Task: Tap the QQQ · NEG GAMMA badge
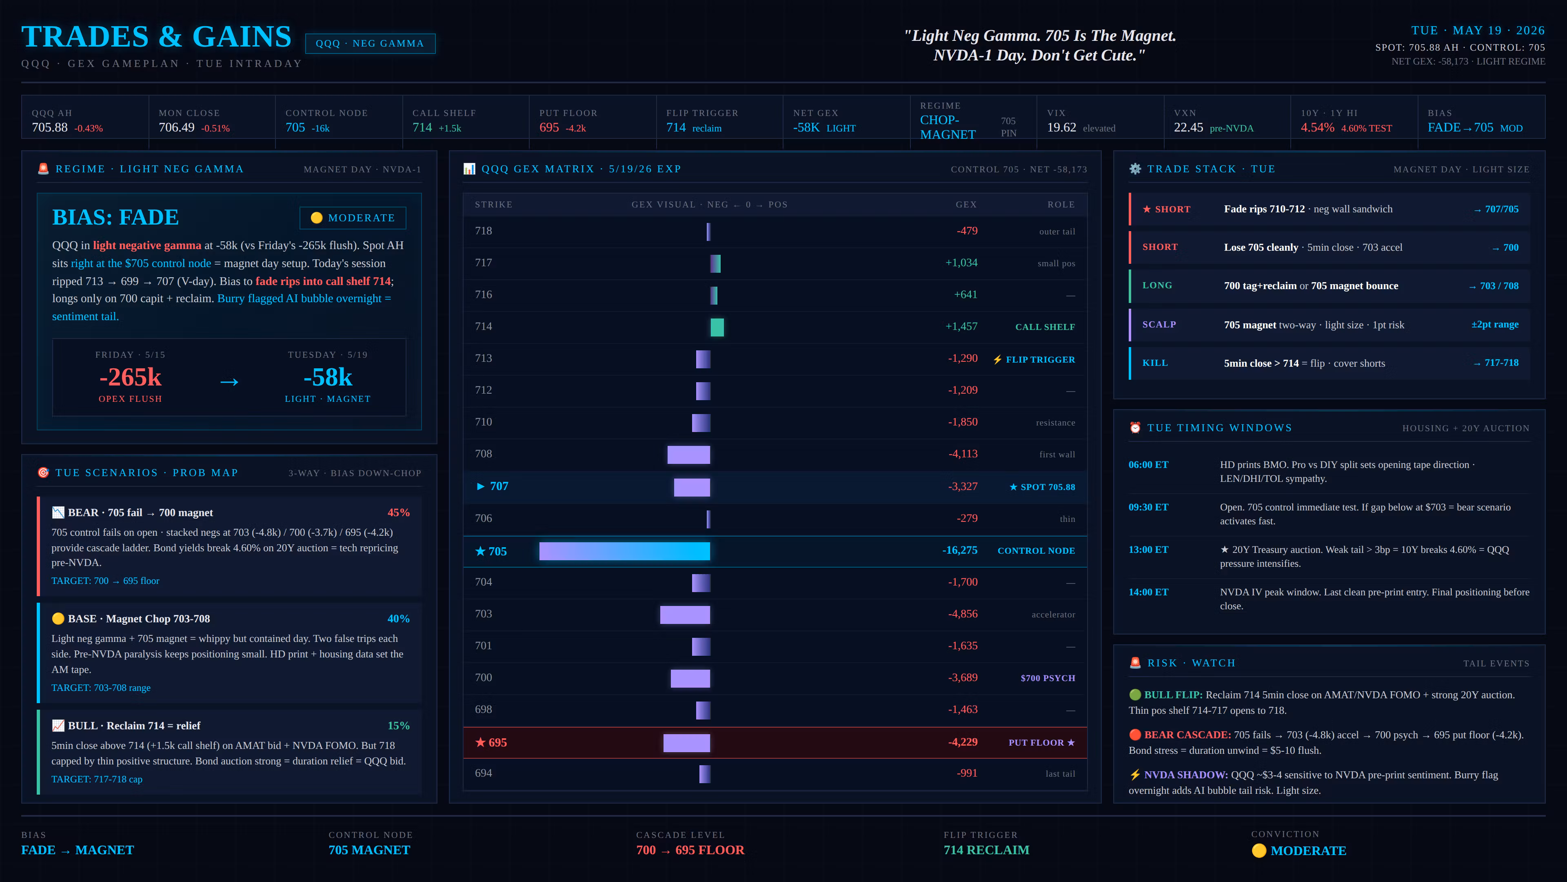[370, 44]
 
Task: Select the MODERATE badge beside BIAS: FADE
[353, 218]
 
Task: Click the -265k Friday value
[130, 377]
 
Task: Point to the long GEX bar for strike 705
[625, 551]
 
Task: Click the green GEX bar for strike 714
[717, 327]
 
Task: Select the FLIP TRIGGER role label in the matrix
[1040, 360]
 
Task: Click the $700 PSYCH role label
[1048, 678]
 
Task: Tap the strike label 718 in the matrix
[484, 231]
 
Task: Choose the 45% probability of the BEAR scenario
[398, 512]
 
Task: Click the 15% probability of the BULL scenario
[398, 726]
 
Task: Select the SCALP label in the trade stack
[1159, 325]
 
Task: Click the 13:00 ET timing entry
[1148, 550]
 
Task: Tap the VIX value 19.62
[1061, 127]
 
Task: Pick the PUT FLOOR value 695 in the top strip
[549, 127]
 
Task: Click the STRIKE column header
[493, 205]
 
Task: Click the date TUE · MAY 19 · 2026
[1478, 31]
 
